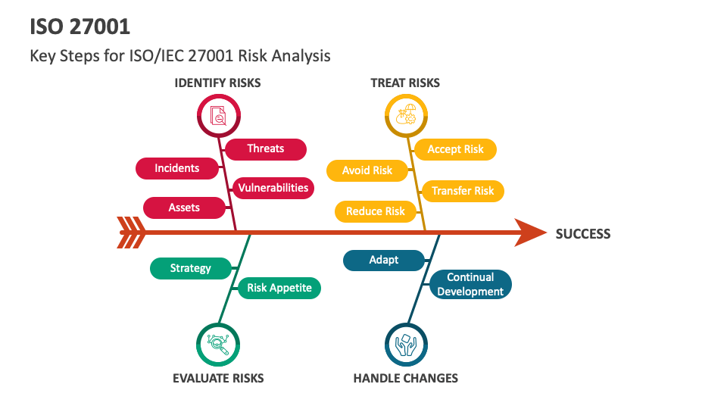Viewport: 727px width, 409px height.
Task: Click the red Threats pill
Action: [266, 149]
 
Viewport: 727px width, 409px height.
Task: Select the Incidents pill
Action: [177, 168]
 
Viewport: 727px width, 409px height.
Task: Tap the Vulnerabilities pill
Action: [273, 188]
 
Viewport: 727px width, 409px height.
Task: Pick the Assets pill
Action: [184, 208]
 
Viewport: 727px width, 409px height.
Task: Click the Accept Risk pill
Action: [455, 149]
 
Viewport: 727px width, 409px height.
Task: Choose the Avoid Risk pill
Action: [367, 170]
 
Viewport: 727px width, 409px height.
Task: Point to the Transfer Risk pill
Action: [463, 191]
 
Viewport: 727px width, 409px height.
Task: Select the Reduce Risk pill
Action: [375, 211]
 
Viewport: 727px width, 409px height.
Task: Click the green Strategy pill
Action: [191, 268]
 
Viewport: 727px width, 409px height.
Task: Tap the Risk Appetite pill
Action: [279, 288]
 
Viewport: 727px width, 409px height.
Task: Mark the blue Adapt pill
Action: [384, 260]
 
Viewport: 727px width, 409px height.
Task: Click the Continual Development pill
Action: [470, 284]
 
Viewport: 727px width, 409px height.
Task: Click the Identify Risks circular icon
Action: [219, 115]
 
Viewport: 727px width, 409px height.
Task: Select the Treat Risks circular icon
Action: [407, 115]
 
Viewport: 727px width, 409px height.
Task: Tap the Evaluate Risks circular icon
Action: [219, 345]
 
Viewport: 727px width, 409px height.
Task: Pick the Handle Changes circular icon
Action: [407, 345]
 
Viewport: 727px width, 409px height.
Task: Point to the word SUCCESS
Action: [583, 234]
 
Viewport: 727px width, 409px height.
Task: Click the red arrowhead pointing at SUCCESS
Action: [529, 233]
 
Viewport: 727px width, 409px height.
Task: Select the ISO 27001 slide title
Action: [80, 27]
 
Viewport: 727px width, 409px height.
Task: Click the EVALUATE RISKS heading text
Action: [218, 378]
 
